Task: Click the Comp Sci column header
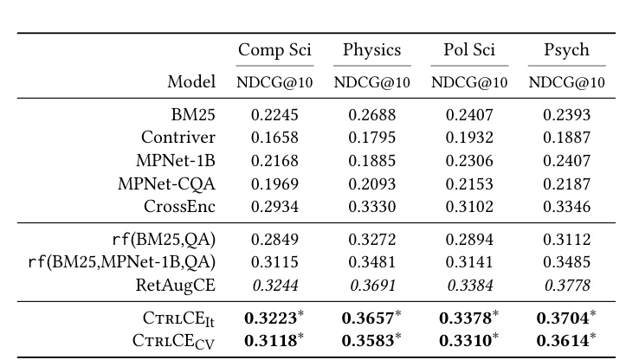point(274,50)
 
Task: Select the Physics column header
point(371,50)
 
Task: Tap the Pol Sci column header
point(468,50)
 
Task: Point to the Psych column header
point(566,50)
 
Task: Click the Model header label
point(191,82)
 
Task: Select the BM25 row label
point(193,113)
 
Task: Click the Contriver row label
point(178,137)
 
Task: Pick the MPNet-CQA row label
point(166,183)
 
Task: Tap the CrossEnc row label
point(179,207)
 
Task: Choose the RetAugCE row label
point(176,285)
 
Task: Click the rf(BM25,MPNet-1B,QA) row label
point(121,261)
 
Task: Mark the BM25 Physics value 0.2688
point(371,113)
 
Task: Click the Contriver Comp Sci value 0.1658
point(274,137)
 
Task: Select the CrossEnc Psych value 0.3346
point(566,207)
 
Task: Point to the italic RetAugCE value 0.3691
point(371,285)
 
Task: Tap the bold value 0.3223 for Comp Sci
point(271,318)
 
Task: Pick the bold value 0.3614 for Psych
point(563,340)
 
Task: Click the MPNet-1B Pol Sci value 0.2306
point(468,160)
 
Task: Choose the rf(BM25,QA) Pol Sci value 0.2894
point(468,238)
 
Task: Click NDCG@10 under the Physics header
point(371,83)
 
